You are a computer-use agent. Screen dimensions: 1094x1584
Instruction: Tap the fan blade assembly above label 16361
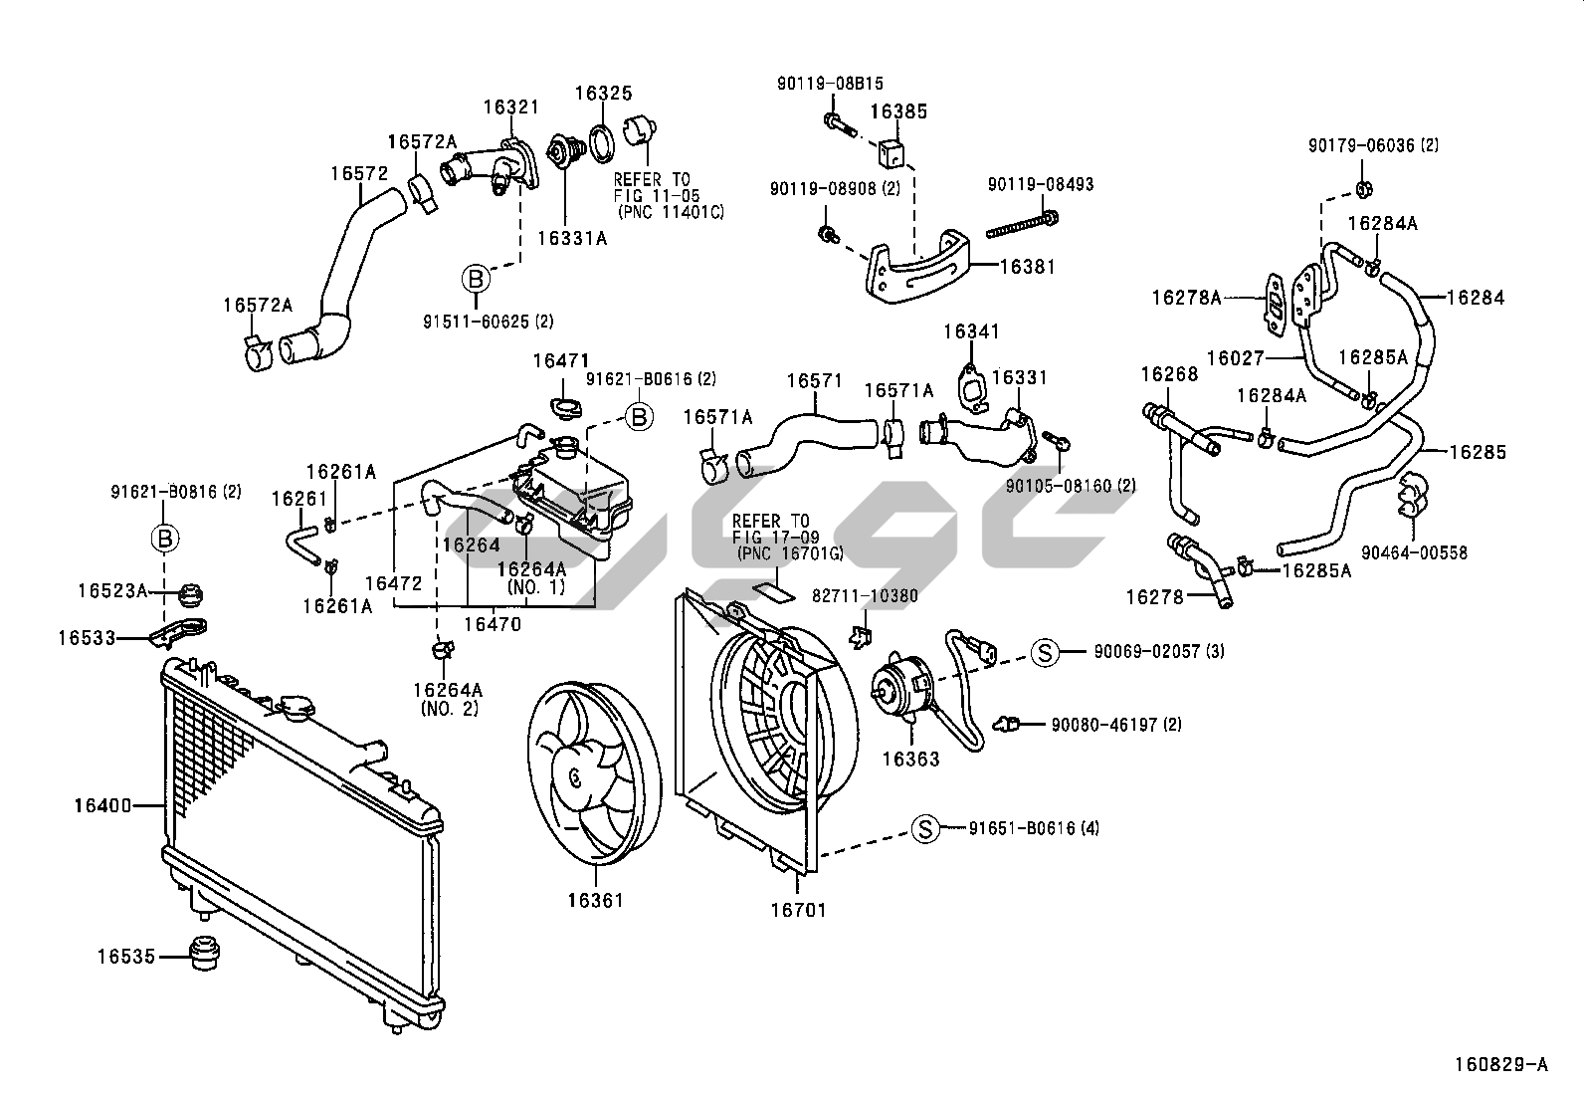pos(591,768)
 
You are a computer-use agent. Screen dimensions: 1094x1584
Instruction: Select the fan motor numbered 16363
pos(899,689)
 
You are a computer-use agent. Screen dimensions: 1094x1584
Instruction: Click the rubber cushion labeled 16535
pos(204,954)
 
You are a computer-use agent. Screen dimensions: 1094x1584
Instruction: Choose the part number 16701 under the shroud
pos(798,910)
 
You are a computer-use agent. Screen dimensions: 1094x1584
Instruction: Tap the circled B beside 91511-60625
pos(476,280)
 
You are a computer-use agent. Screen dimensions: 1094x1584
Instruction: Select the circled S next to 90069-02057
pos(1045,652)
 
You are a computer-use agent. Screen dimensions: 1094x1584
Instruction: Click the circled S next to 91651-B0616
pos(926,828)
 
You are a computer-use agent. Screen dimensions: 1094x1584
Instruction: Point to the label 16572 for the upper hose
pos(359,173)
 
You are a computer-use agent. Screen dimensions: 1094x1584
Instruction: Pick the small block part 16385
pos(891,151)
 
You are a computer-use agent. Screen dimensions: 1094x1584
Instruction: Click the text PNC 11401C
pos(670,212)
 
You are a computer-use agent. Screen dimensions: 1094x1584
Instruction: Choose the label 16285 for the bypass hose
pos(1477,452)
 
